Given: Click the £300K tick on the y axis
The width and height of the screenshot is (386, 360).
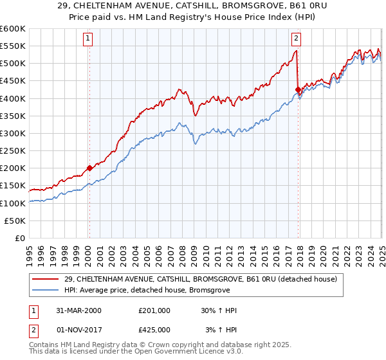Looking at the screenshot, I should [x=13, y=133].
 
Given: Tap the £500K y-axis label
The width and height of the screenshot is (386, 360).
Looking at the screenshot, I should [x=13, y=63].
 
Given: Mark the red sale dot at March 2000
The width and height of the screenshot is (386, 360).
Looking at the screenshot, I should [x=89, y=168].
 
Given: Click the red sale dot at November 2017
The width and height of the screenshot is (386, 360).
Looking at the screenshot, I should [x=298, y=89].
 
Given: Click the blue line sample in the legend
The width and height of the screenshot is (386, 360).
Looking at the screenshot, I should [x=44, y=290].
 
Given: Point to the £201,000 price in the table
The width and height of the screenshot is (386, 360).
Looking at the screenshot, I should [x=154, y=310].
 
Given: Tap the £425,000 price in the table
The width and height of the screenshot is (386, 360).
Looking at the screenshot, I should [x=154, y=330].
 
